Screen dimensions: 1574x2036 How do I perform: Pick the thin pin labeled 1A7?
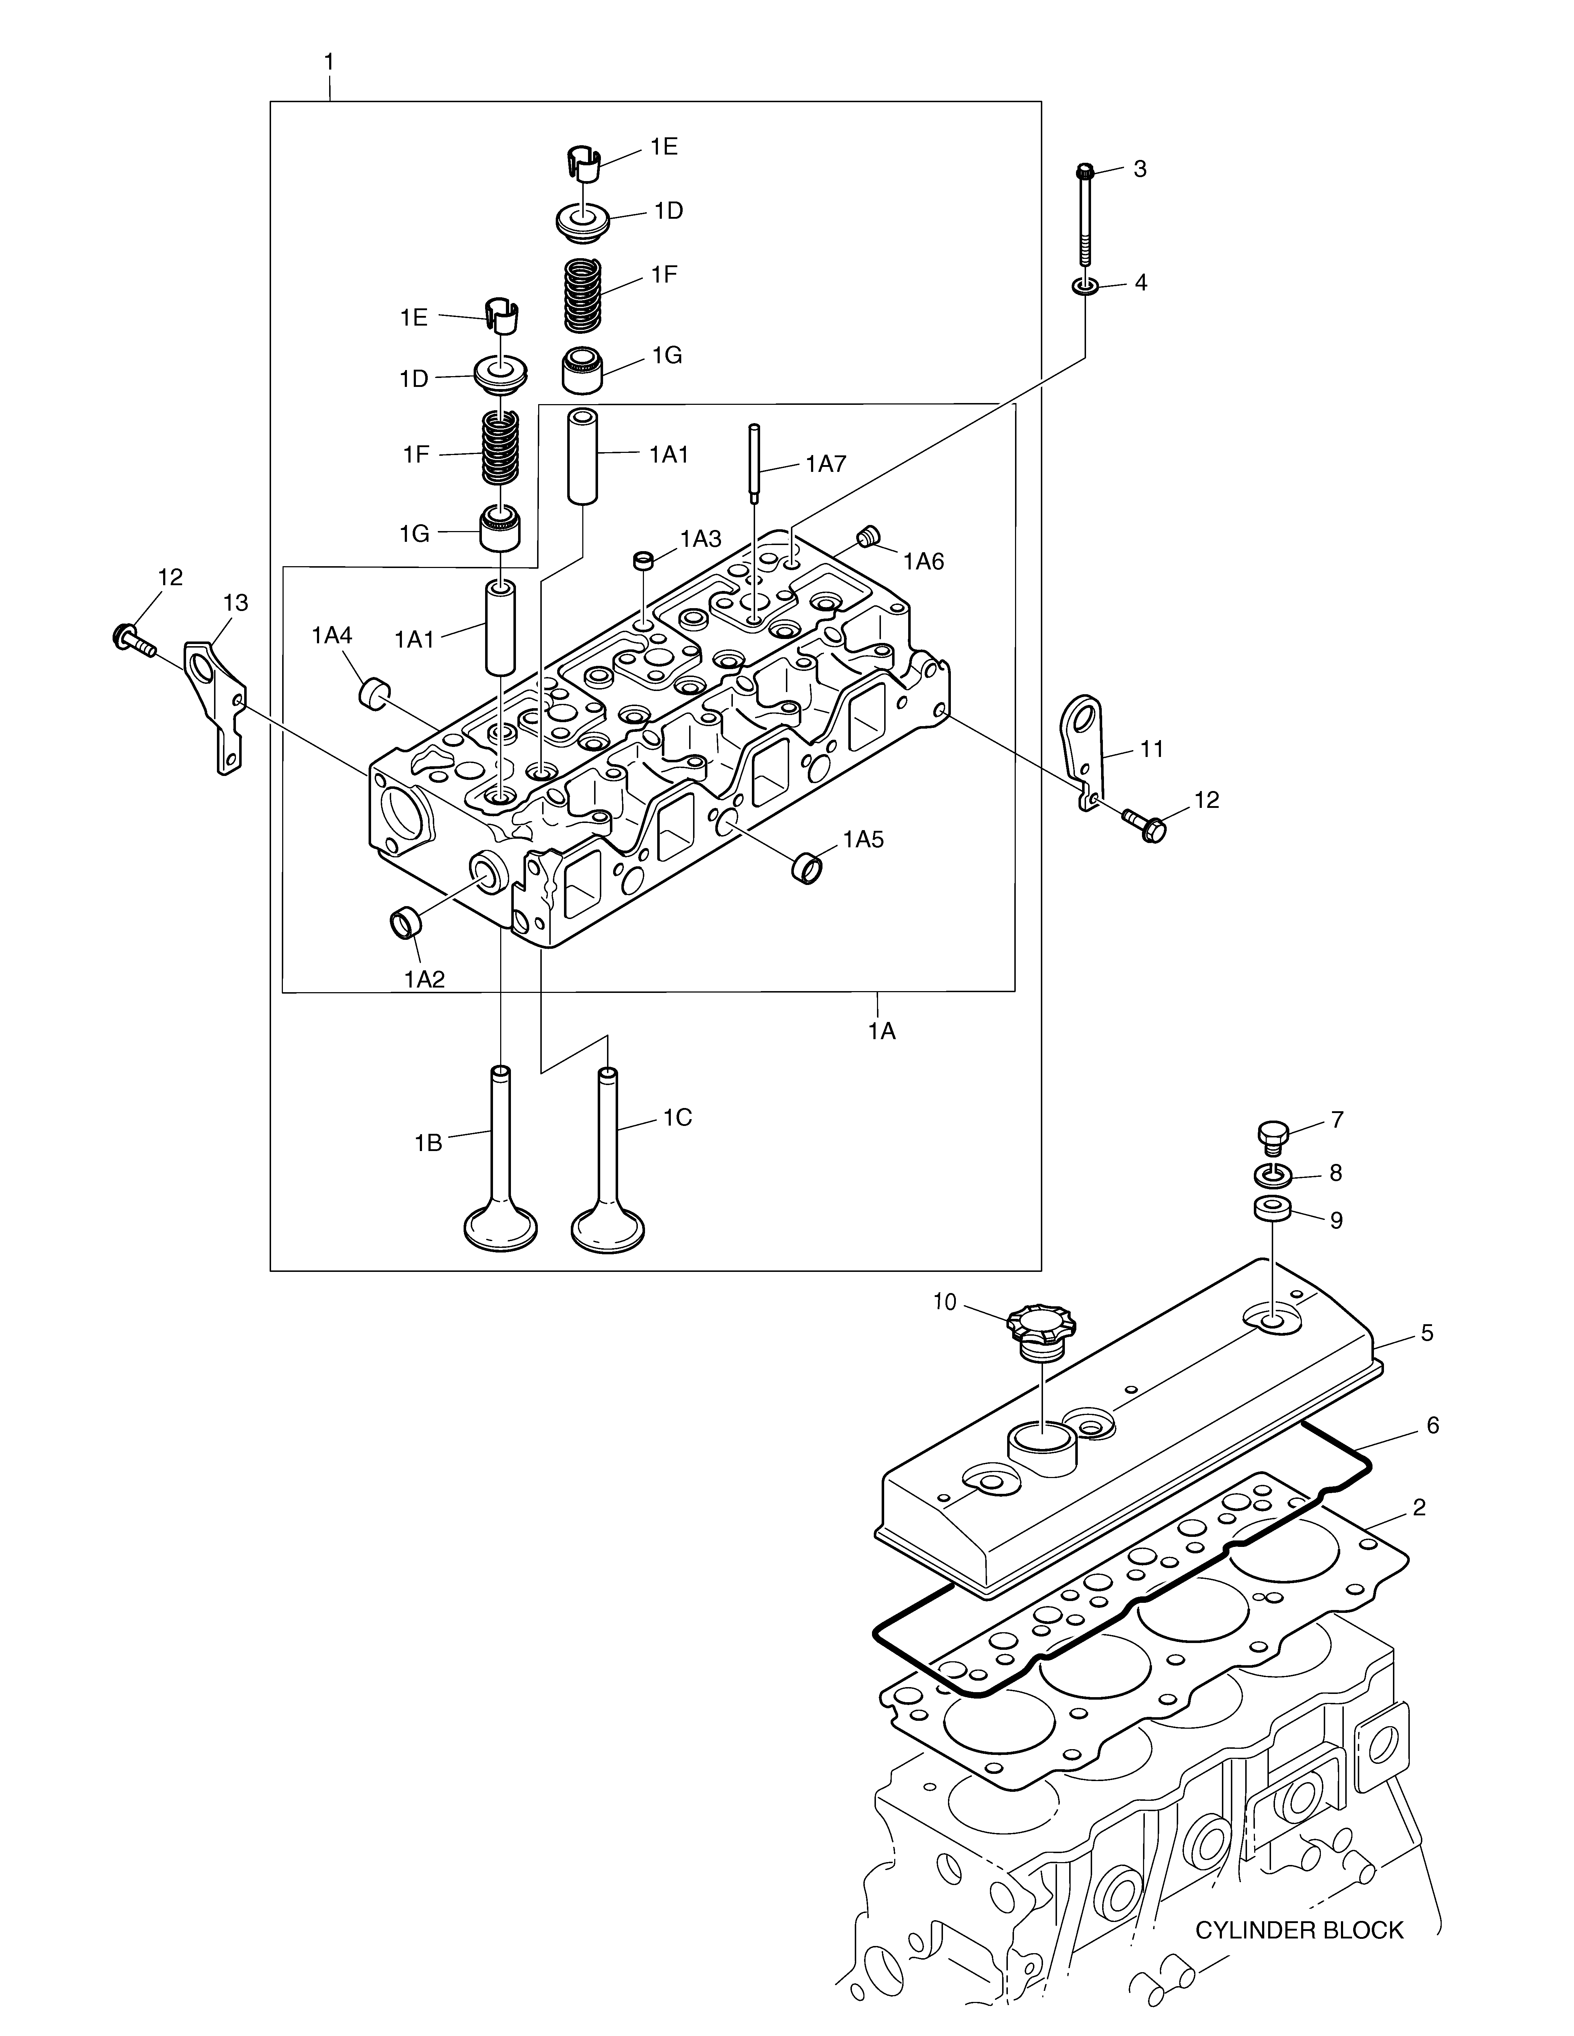(753, 463)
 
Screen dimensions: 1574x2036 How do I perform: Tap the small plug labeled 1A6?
(868, 536)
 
